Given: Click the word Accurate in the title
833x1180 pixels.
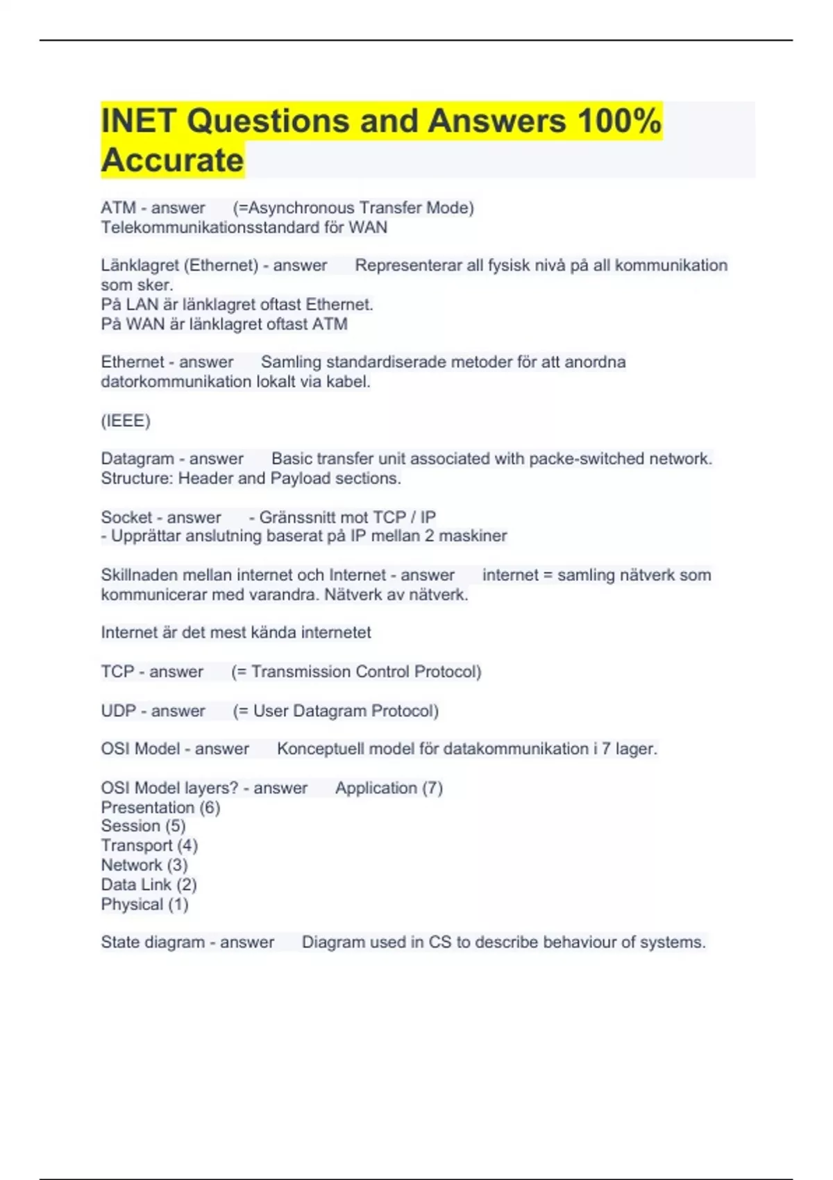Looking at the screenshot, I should coord(172,160).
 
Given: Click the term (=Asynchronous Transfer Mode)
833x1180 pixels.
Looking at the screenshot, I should coord(353,208).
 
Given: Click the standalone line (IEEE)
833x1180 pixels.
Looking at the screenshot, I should coord(126,421).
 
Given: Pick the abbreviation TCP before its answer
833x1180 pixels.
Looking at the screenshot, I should coord(117,672).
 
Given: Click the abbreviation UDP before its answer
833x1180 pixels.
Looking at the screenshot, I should coord(119,711).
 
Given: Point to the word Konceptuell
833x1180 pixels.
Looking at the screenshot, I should coord(320,749).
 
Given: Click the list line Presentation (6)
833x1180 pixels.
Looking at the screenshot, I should coord(160,807).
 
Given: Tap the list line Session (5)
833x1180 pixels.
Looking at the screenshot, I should coord(143,826).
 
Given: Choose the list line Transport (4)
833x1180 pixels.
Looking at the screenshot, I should coord(149,845).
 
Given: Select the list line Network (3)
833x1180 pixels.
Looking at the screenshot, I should coord(144,865).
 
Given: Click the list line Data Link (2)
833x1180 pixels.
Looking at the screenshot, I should coord(149,884).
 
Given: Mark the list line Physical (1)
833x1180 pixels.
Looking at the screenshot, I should coord(144,904).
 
